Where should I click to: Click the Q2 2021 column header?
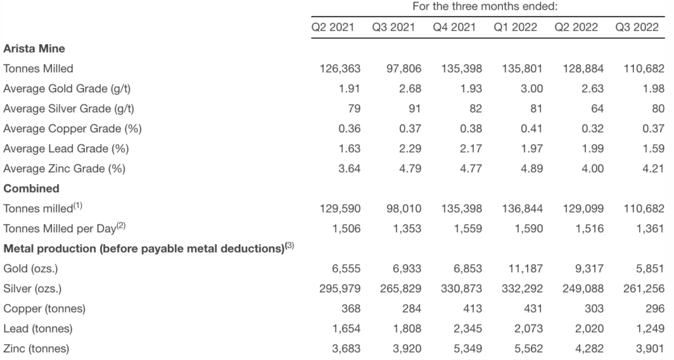(333, 27)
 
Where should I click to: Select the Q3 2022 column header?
(636, 27)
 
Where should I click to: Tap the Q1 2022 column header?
(515, 27)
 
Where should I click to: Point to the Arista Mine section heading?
(34, 48)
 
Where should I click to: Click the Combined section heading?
(32, 188)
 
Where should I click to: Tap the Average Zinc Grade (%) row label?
(65, 168)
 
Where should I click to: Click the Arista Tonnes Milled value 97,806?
(402, 68)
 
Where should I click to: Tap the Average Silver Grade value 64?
(592, 109)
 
